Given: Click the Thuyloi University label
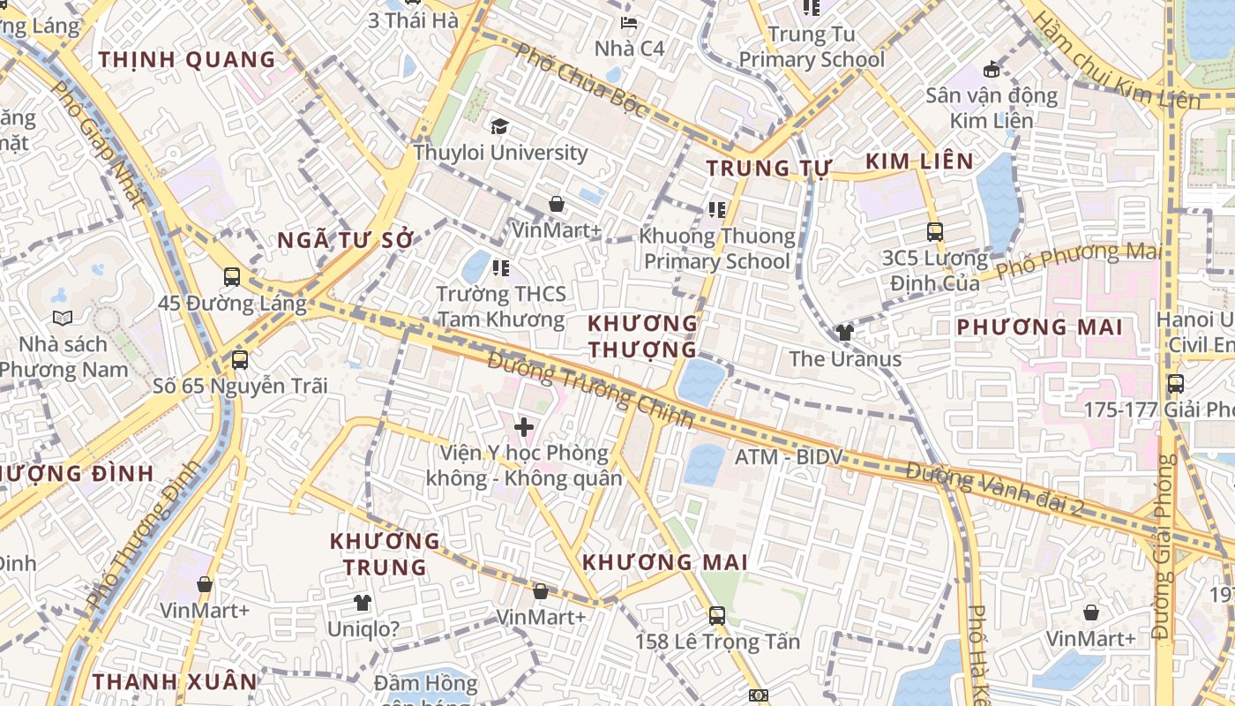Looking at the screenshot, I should [x=500, y=153].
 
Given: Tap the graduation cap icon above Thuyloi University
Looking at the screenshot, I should [x=500, y=126].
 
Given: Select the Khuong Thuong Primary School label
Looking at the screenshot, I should [x=717, y=249].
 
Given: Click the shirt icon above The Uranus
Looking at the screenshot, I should [x=845, y=333].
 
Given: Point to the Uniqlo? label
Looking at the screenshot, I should [x=363, y=630].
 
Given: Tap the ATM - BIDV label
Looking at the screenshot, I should [x=789, y=457].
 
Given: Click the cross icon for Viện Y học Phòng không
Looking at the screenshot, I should [x=524, y=428].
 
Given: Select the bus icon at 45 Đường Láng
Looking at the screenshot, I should [x=232, y=277].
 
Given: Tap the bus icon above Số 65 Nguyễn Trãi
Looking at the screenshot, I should [x=239, y=360].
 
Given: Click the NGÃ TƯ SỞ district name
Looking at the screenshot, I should [x=345, y=240].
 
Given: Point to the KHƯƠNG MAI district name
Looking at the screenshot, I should [x=665, y=562].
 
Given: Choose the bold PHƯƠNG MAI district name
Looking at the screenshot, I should [x=1040, y=327].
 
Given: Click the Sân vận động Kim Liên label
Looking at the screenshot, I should [x=992, y=108].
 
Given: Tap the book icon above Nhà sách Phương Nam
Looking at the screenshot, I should [x=62, y=318].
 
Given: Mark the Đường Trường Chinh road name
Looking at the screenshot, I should [x=590, y=389].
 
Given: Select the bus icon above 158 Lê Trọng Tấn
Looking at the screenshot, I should [x=717, y=615].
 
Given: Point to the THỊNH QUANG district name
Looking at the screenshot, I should [x=187, y=60].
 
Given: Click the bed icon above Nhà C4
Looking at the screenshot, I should [x=629, y=23].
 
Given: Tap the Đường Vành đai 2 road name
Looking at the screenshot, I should [x=994, y=488].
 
